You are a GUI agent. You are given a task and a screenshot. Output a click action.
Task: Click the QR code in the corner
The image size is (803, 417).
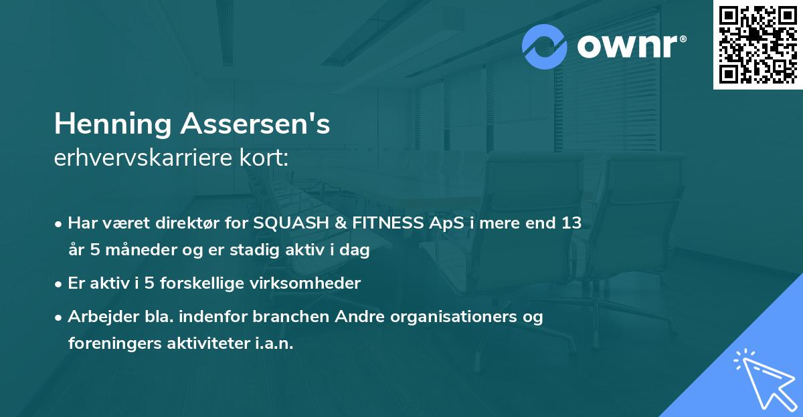pos(757,44)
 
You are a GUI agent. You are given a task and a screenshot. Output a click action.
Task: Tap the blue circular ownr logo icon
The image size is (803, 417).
pos(545,47)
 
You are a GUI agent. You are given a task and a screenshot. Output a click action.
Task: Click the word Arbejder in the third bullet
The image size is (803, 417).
pos(98,316)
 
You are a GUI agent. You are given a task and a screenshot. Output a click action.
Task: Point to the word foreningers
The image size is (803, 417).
pos(114,343)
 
